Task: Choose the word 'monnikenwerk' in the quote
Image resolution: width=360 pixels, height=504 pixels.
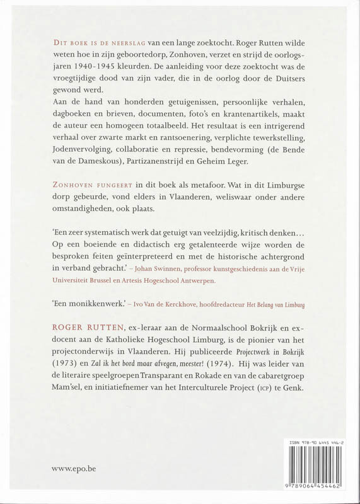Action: [100, 305]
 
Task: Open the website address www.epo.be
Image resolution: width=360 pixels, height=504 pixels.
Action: [79, 469]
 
